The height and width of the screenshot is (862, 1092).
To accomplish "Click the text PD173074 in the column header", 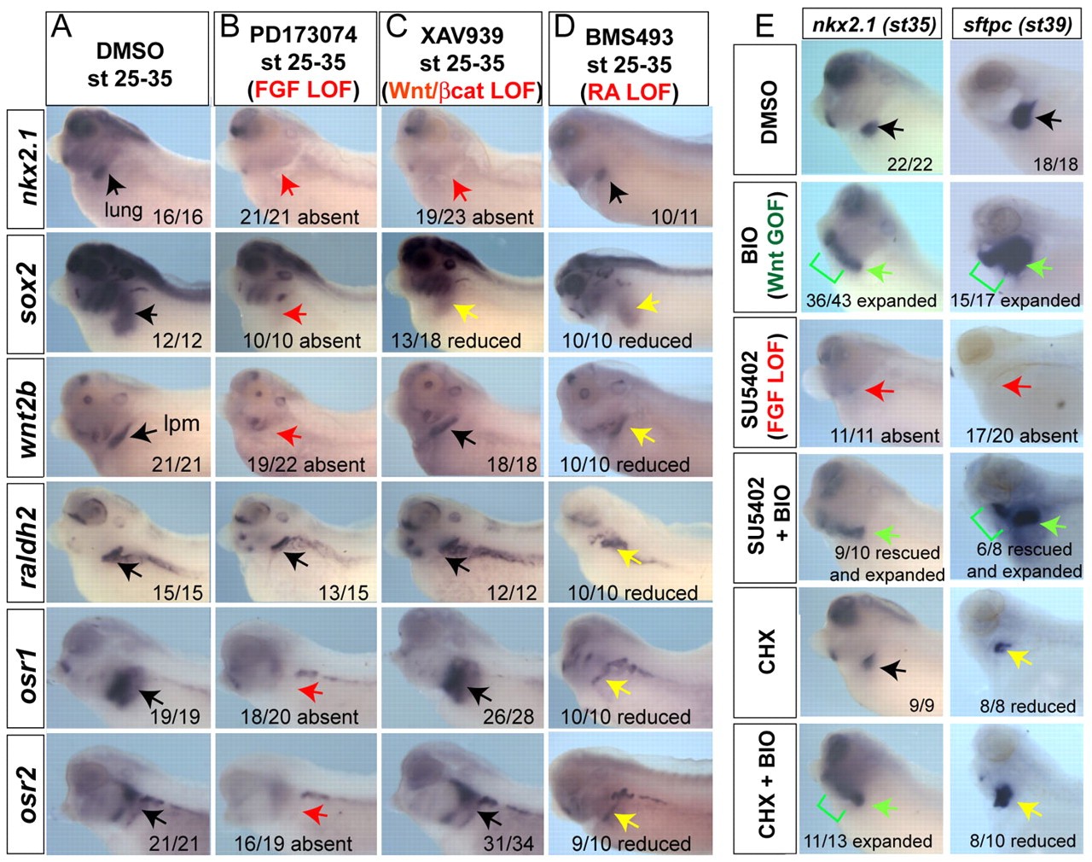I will [303, 35].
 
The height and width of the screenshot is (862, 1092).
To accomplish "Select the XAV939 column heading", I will [462, 36].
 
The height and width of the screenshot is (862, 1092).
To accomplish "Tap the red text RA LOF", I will [630, 91].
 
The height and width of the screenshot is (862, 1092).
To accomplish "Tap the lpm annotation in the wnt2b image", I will [181, 422].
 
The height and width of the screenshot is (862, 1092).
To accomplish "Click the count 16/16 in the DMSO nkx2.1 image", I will [177, 216].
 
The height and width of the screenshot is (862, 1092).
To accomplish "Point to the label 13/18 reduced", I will [456, 341].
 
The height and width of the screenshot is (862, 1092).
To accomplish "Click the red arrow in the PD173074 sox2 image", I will [294, 313].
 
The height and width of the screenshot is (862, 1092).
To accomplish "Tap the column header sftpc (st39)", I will [1017, 24].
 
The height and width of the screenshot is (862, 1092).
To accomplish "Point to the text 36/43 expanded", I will [871, 300].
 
